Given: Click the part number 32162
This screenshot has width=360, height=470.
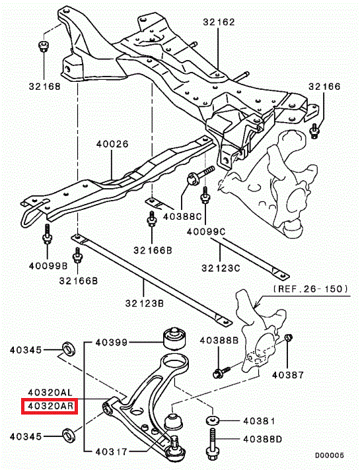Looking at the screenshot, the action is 219,22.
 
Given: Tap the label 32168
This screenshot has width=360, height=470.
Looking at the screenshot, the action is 44,86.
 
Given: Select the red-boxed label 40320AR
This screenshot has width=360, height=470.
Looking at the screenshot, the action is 50,406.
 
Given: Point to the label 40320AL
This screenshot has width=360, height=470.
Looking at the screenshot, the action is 50,392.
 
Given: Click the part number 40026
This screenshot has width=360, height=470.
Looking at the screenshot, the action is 112,144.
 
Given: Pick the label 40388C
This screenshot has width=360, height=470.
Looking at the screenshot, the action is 182,217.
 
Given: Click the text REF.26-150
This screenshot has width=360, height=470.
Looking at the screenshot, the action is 311,288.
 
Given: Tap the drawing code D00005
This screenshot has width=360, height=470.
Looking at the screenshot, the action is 329,455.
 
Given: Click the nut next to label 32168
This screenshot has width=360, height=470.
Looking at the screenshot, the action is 44,46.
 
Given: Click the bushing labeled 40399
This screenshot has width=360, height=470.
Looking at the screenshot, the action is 174,339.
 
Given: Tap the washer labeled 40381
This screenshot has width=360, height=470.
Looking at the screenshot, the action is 213,420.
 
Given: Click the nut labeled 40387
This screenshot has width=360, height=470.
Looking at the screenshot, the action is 288,337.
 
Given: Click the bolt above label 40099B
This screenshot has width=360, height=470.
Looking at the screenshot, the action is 47,234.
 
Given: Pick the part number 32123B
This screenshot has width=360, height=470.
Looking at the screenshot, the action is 145,304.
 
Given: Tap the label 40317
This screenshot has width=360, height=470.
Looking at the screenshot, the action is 111,451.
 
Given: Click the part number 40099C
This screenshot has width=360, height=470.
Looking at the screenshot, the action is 206,232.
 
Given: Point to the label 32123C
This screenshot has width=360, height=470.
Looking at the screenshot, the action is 221,267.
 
